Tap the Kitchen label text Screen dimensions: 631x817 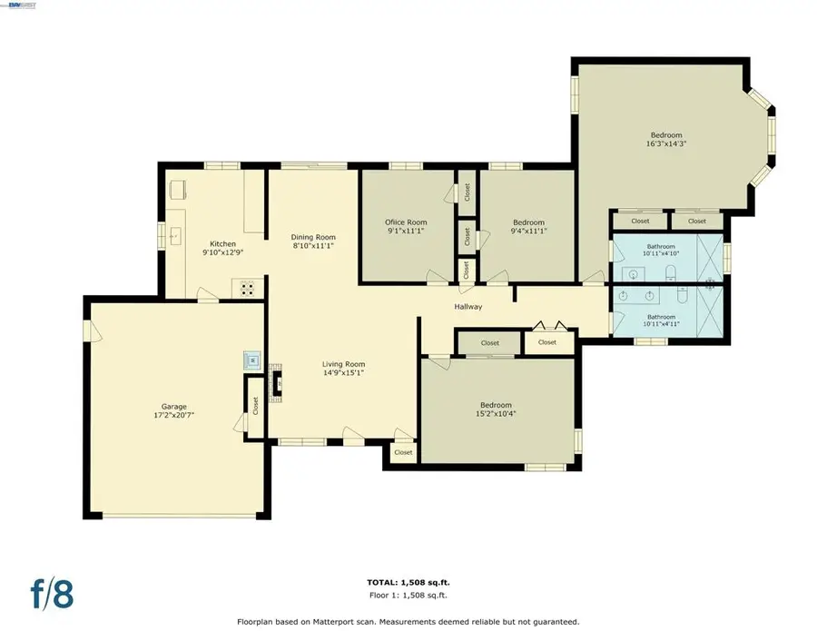(223, 243)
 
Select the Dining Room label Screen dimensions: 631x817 (313, 236)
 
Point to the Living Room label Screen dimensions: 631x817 (343, 364)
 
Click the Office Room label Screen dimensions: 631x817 (406, 222)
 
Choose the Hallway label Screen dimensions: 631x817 (468, 307)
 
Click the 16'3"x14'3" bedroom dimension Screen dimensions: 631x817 (665, 143)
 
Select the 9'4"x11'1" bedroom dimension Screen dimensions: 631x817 (528, 231)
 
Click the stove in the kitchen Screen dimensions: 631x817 (248, 289)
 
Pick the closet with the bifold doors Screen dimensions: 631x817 (546, 342)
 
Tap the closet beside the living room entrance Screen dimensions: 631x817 (403, 452)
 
